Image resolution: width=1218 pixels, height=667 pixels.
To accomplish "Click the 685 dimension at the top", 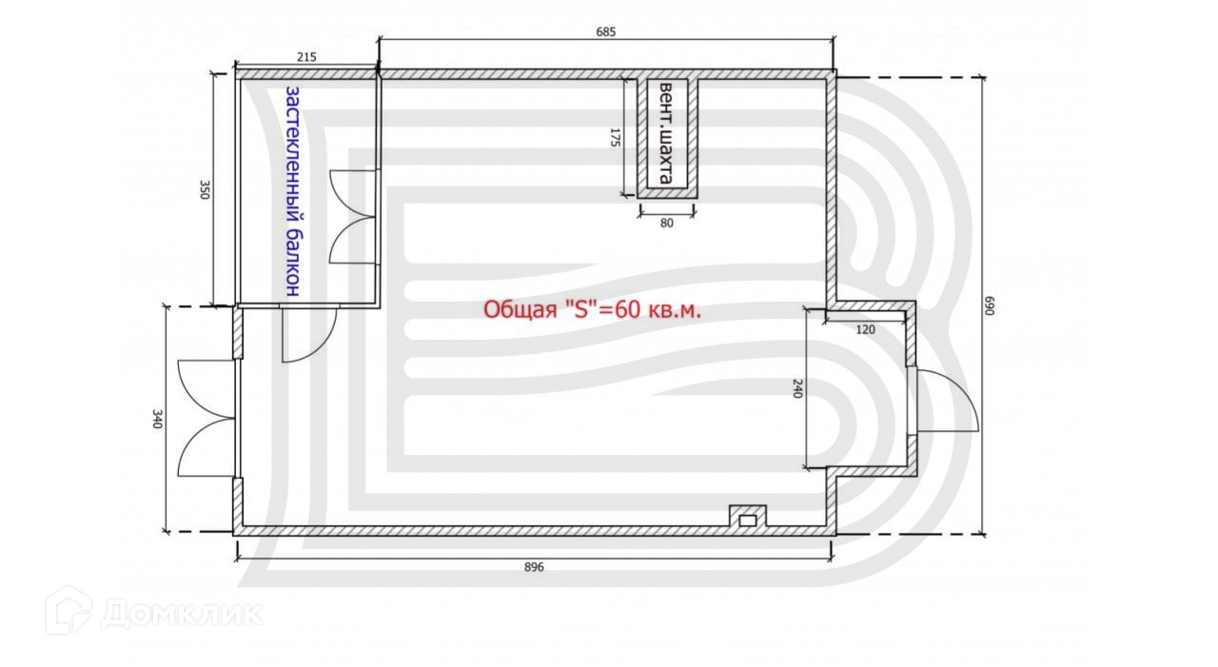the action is (606, 32).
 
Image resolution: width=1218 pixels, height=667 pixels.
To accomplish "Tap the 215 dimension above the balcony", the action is (306, 57).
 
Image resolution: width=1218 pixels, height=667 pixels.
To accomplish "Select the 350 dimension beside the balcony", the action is (205, 189).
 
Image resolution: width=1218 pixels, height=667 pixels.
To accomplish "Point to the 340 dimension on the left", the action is (157, 419).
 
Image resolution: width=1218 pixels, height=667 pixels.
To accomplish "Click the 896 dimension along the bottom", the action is (534, 567).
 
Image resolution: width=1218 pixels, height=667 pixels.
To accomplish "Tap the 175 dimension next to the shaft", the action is (615, 138).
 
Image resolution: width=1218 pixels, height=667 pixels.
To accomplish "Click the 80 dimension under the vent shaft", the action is (667, 223).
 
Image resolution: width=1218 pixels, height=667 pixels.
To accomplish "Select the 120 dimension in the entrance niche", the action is (865, 329).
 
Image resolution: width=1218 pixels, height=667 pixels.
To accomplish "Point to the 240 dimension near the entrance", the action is (797, 388).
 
